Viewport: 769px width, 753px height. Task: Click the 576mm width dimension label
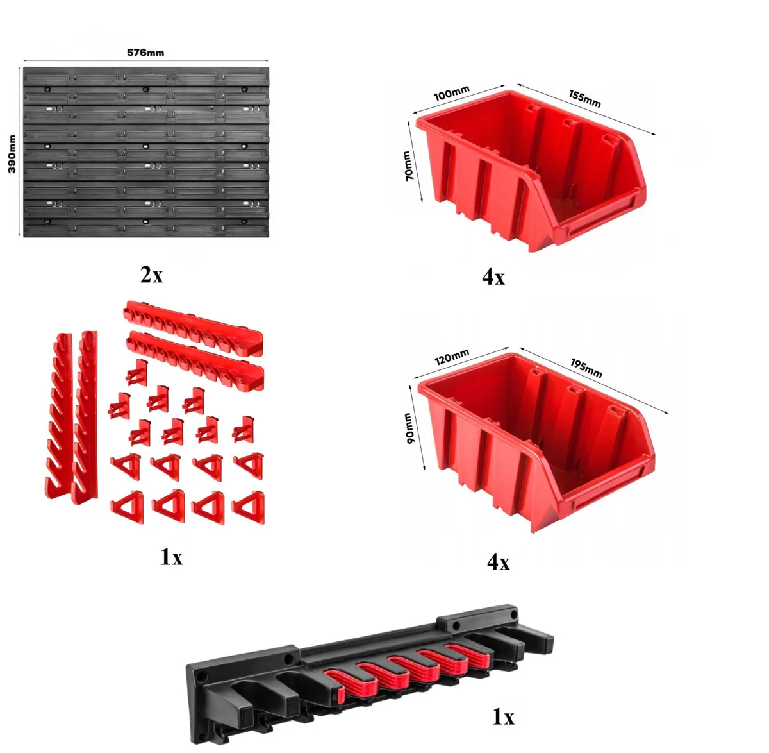[x=145, y=52]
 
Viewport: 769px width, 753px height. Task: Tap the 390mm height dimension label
[x=12, y=154]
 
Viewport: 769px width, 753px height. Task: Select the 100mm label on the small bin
[x=451, y=92]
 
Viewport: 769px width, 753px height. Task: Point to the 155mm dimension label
[x=584, y=99]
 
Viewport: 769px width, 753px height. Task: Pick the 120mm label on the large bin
[x=452, y=357]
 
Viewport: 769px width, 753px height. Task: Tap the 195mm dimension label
[x=586, y=368]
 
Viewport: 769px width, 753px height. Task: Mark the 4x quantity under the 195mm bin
[x=498, y=561]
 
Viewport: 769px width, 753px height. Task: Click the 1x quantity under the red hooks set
[x=172, y=557]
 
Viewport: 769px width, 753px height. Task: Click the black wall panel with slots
[x=146, y=152]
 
